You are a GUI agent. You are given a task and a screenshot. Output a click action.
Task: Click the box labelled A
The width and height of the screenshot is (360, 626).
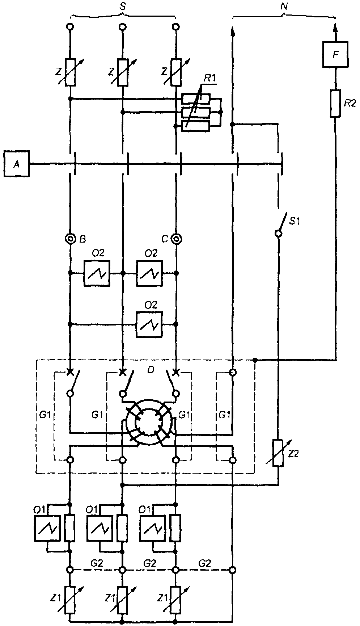pyautogui.click(x=16, y=164)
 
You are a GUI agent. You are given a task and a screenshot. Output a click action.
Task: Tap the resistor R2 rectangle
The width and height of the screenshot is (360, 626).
pyautogui.click(x=336, y=103)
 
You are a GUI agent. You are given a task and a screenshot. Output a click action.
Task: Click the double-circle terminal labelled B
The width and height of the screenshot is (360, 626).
pyautogui.click(x=70, y=239)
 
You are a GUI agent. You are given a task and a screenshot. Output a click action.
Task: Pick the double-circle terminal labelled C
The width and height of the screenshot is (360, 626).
pyautogui.click(x=176, y=239)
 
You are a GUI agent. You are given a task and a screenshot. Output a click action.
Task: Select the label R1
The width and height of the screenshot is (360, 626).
pyautogui.click(x=208, y=77)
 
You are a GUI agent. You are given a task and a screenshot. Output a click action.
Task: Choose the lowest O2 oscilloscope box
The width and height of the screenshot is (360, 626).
pyautogui.click(x=149, y=324)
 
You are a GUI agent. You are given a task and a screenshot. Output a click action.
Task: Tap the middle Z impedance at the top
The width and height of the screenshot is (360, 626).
pyautogui.click(x=123, y=72)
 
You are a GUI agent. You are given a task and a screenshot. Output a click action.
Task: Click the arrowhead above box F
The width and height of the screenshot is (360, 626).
pyautogui.click(x=336, y=28)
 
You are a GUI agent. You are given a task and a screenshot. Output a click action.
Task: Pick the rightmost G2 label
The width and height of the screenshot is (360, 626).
pyautogui.click(x=204, y=563)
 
